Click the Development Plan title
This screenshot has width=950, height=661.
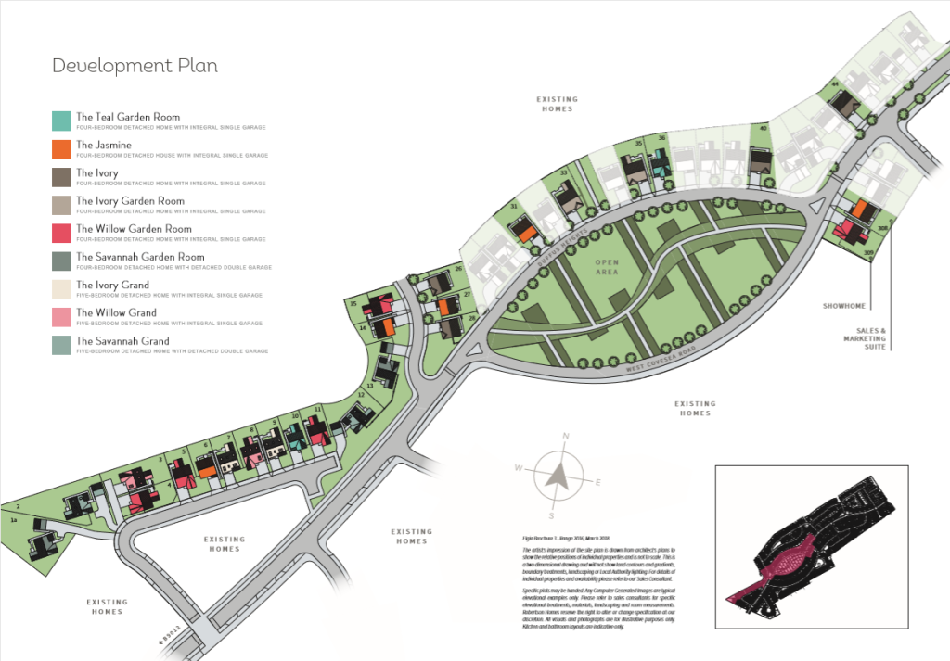point(135,66)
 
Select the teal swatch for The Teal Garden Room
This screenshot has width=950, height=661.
point(61,121)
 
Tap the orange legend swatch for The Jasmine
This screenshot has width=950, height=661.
point(61,148)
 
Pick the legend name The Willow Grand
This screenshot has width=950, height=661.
point(116,313)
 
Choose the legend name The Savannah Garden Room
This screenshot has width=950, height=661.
point(139,257)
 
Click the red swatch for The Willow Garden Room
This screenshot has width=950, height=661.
point(61,233)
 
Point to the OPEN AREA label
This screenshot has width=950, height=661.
point(608,267)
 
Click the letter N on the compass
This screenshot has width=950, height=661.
point(565,435)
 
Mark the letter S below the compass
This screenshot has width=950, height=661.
point(551,515)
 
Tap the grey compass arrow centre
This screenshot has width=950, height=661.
point(558,477)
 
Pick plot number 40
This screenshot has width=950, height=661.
point(763,128)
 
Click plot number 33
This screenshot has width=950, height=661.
point(563,173)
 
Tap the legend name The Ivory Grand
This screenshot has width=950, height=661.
point(112,285)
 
